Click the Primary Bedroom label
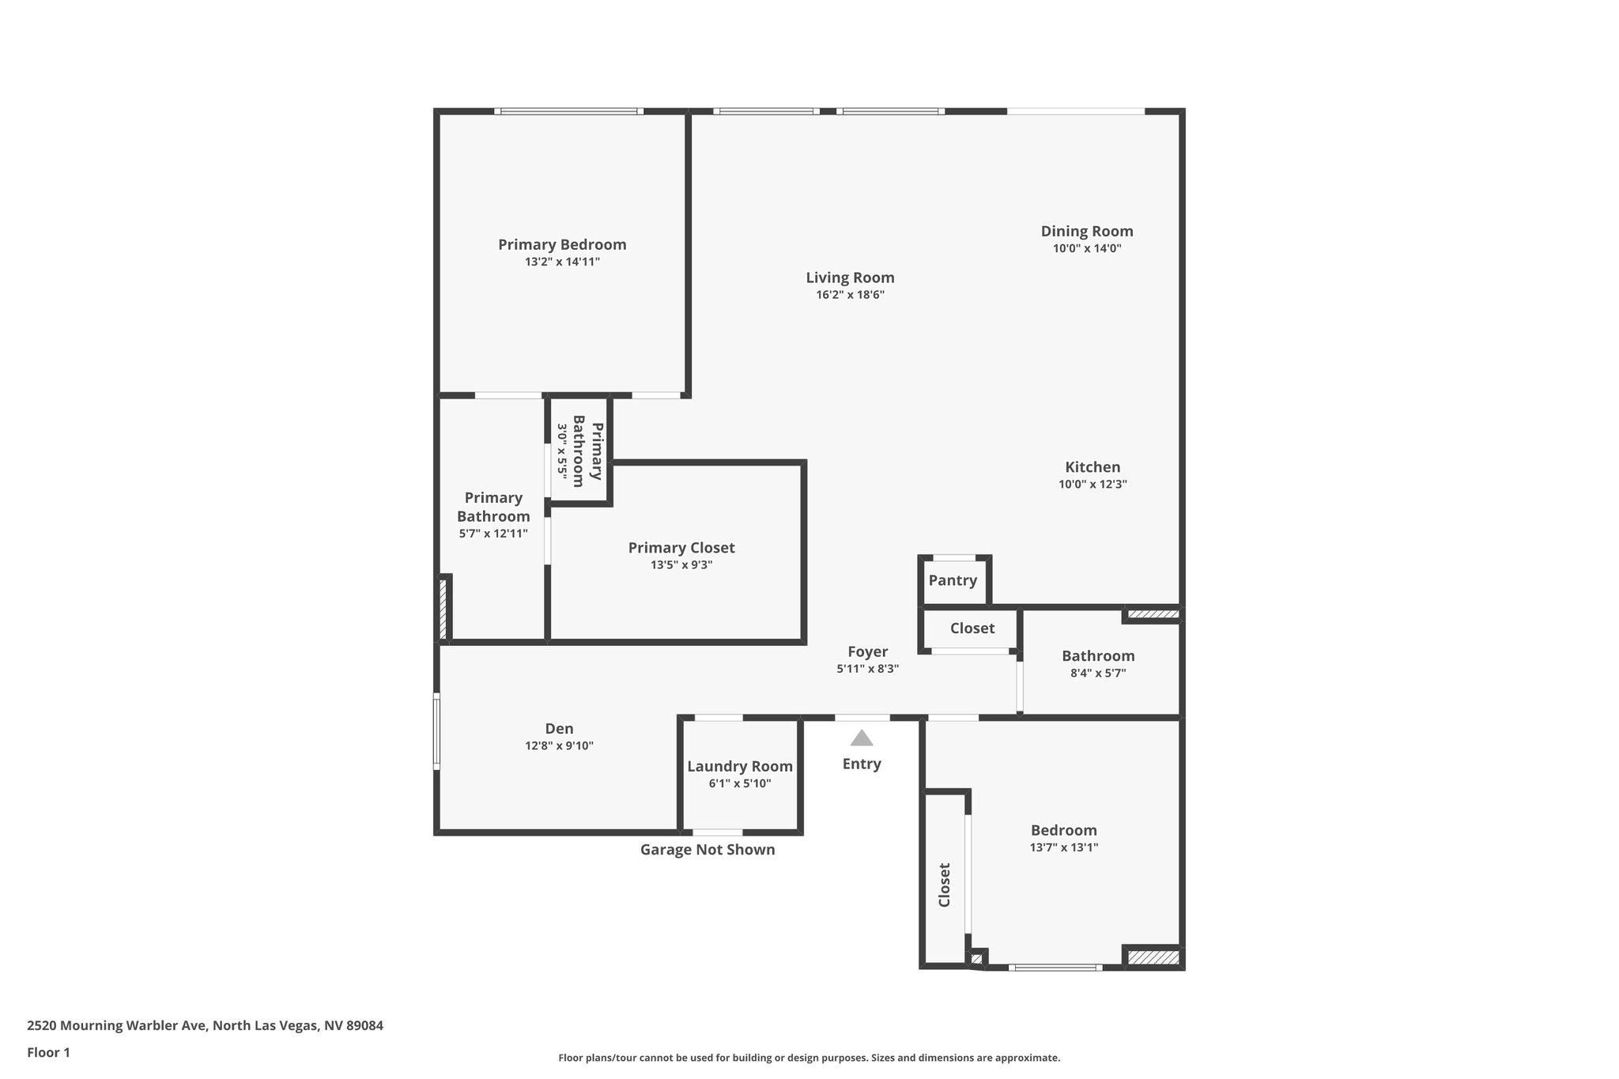562,245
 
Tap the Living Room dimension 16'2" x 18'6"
850,295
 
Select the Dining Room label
1086,232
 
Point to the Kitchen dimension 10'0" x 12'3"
1093,485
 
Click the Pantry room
953,581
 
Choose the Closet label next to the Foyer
972,628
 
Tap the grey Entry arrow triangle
862,739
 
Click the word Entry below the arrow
862,764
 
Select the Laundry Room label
739,767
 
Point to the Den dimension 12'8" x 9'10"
559,746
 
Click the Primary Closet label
681,548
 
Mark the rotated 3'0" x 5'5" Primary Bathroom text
579,451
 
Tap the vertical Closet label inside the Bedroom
944,885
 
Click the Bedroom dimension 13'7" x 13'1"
1063,847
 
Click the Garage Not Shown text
707,850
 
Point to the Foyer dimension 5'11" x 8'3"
867,669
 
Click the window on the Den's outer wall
436,731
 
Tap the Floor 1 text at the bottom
48,1053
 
